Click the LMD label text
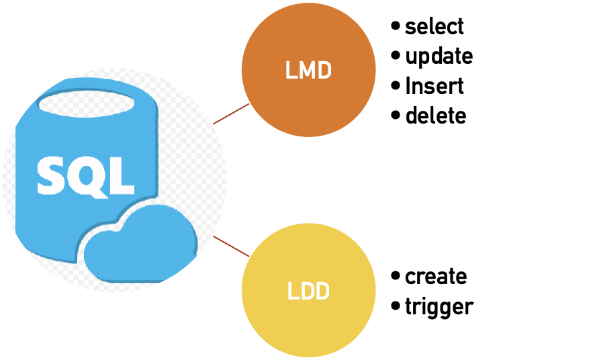[308, 71]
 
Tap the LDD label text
[308, 291]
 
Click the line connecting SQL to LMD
[231, 114]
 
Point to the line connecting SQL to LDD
[231, 246]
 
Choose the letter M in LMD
[308, 71]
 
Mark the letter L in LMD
[289, 71]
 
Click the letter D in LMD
[325, 71]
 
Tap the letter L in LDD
[291, 291]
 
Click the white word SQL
[85, 176]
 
